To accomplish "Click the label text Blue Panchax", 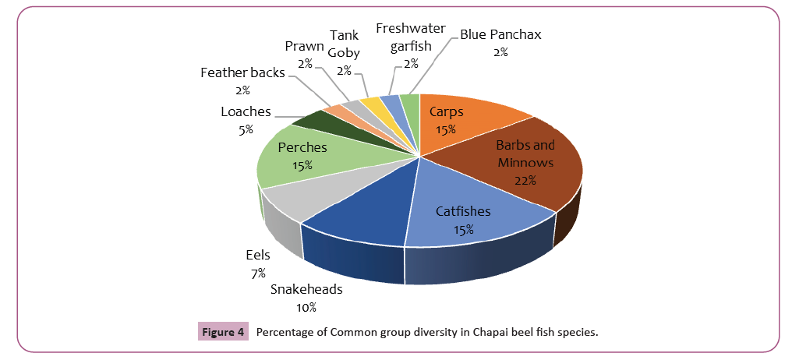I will coord(500,34).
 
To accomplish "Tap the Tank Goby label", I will coord(344,44).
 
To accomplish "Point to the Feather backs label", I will coord(242,73).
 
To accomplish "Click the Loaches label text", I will coord(246,111).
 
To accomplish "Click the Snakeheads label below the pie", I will coord(306,290).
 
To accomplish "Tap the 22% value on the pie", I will coord(524,181).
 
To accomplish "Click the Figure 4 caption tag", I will coord(222,333).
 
